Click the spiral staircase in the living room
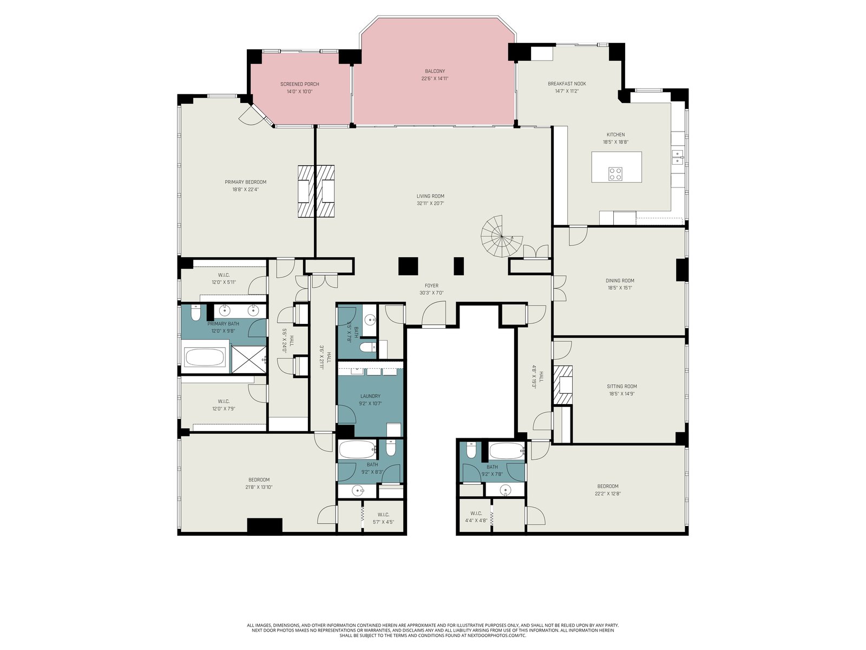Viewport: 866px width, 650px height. click(501, 236)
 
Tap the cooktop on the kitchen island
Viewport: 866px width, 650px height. click(615, 174)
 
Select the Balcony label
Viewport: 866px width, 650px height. click(435, 71)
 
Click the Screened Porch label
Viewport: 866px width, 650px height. click(299, 84)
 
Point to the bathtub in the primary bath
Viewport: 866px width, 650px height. click(205, 357)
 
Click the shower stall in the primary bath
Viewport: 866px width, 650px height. click(248, 359)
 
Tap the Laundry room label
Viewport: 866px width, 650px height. click(370, 396)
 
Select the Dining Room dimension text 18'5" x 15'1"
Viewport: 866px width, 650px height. click(620, 288)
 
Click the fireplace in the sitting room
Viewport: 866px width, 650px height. click(563, 385)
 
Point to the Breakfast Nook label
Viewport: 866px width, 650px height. click(567, 83)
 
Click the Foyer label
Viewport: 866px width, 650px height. click(431, 286)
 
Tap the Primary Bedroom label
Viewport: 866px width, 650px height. click(245, 182)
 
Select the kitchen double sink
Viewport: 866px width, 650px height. click(678, 157)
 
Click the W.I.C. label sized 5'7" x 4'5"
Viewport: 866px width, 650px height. click(383, 522)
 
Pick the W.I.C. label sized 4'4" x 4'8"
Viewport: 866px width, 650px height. click(476, 520)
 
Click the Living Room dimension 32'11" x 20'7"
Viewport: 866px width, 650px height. click(430, 203)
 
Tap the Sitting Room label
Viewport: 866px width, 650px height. click(622, 386)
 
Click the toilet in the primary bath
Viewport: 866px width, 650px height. click(196, 313)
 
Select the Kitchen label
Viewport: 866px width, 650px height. click(615, 134)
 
